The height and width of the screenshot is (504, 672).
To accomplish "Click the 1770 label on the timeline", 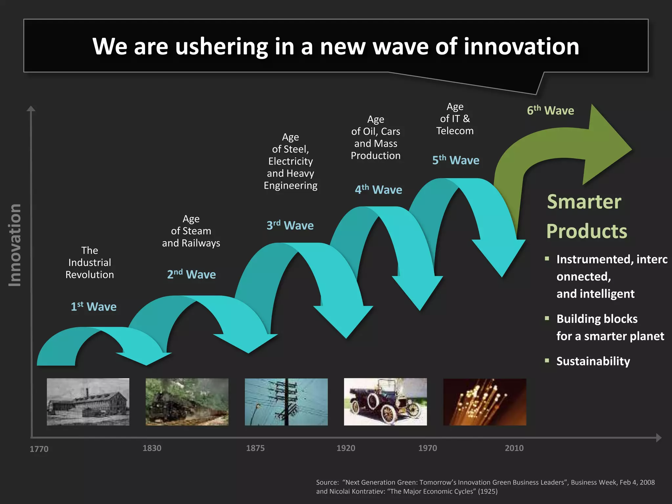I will (39, 449).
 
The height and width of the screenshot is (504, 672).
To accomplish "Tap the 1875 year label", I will (255, 448).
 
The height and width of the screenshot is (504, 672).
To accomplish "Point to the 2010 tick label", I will (514, 448).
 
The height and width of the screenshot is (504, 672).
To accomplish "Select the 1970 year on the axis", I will (428, 448).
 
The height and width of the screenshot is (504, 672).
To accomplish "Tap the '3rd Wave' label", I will (290, 225).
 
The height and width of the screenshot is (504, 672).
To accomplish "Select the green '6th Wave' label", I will (550, 111).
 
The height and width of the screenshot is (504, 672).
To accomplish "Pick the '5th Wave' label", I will (456, 160).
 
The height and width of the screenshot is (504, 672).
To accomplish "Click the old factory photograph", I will (88, 402).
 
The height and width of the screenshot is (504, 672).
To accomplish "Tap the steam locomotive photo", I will (187, 402).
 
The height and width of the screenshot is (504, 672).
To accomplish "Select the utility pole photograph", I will (286, 402).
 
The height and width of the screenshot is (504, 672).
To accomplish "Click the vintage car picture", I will (385, 402).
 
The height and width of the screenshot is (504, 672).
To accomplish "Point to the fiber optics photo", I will (485, 402).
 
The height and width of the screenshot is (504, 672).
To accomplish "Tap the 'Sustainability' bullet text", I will (593, 361).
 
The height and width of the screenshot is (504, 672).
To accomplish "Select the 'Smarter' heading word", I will (584, 202).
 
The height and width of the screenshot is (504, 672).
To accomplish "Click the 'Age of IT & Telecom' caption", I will (455, 119).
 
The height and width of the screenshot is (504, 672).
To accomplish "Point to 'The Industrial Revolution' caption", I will (90, 262).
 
